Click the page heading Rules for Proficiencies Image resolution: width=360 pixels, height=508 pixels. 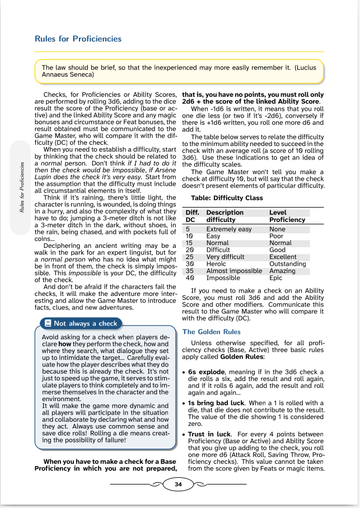[x=78, y=39]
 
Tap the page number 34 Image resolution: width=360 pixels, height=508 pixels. [x=178, y=485]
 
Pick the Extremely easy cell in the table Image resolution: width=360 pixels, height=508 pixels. [x=229, y=229]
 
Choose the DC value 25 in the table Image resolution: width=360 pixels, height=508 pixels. [x=189, y=257]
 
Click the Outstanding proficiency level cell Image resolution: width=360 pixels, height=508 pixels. [x=288, y=264]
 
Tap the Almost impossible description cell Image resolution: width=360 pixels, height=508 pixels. [x=234, y=271]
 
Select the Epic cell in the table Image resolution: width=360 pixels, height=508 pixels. [x=276, y=277]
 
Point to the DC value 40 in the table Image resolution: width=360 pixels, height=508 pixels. [x=189, y=277]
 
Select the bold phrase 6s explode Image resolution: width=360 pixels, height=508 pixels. [x=206, y=371]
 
